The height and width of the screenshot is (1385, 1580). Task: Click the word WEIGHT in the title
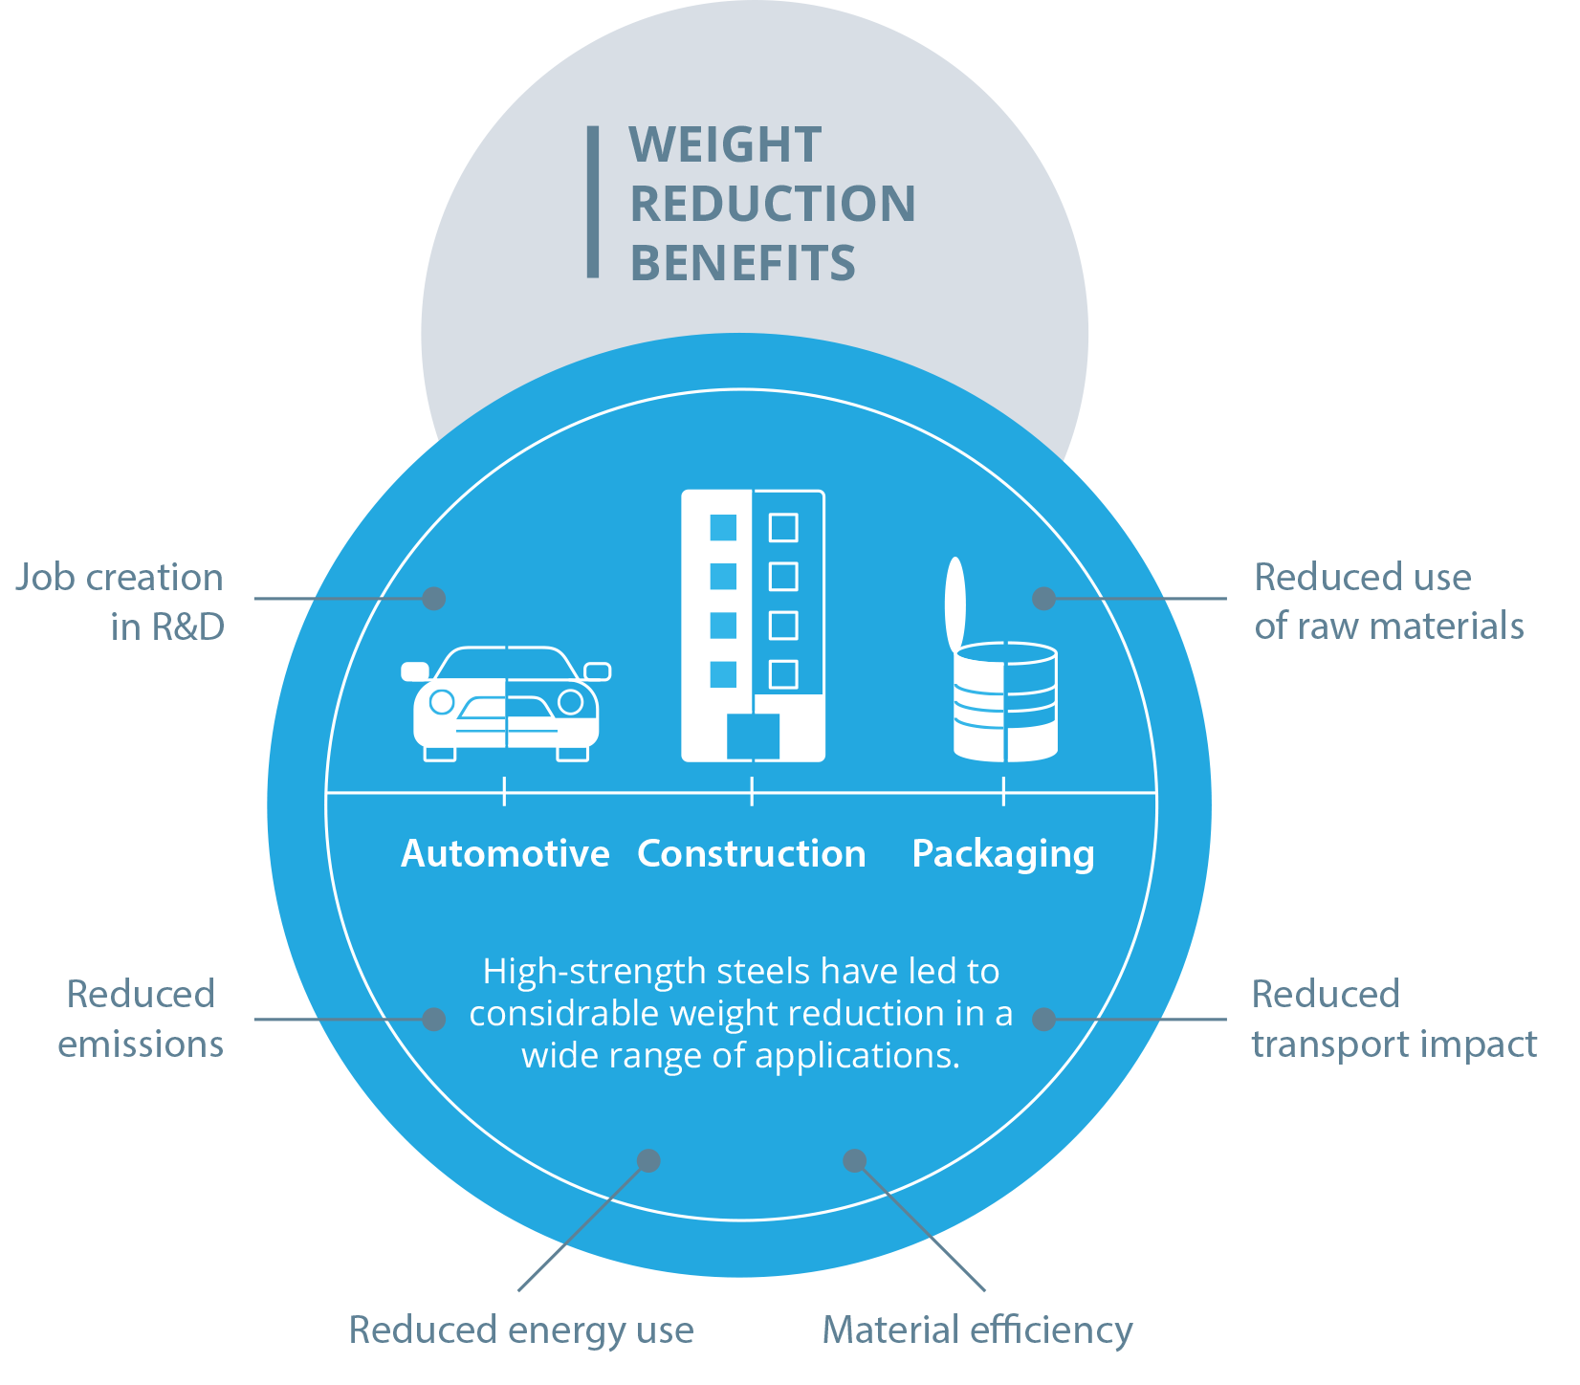pos(725,145)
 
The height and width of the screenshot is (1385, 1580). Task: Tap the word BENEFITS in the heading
pos(742,263)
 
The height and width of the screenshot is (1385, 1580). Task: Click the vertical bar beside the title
pos(593,202)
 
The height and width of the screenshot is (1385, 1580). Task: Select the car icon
pos(506,704)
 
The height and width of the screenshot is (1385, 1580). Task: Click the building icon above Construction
pos(753,626)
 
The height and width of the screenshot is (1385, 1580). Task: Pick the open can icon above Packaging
pos(1003,670)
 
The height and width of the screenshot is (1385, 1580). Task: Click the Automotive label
pos(505,853)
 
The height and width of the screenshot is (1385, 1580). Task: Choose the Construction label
pos(752,853)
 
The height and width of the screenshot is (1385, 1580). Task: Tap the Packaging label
pos(1003,853)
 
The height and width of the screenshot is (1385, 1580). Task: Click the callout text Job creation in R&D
pos(120,602)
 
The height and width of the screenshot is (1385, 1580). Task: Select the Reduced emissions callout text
pos(141,1019)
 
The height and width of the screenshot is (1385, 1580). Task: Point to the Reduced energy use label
pos(521,1330)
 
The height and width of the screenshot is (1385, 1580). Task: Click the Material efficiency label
pos(977,1330)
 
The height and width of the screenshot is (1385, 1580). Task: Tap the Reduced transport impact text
pos(1393,1019)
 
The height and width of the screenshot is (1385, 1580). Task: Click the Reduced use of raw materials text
pos(1388,602)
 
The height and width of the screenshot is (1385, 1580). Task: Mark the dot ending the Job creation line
pos(433,599)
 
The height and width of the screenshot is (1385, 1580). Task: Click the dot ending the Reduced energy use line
pos(648,1160)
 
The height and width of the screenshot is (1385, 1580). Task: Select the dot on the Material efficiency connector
pos(854,1160)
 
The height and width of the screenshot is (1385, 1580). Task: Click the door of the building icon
pos(753,736)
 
